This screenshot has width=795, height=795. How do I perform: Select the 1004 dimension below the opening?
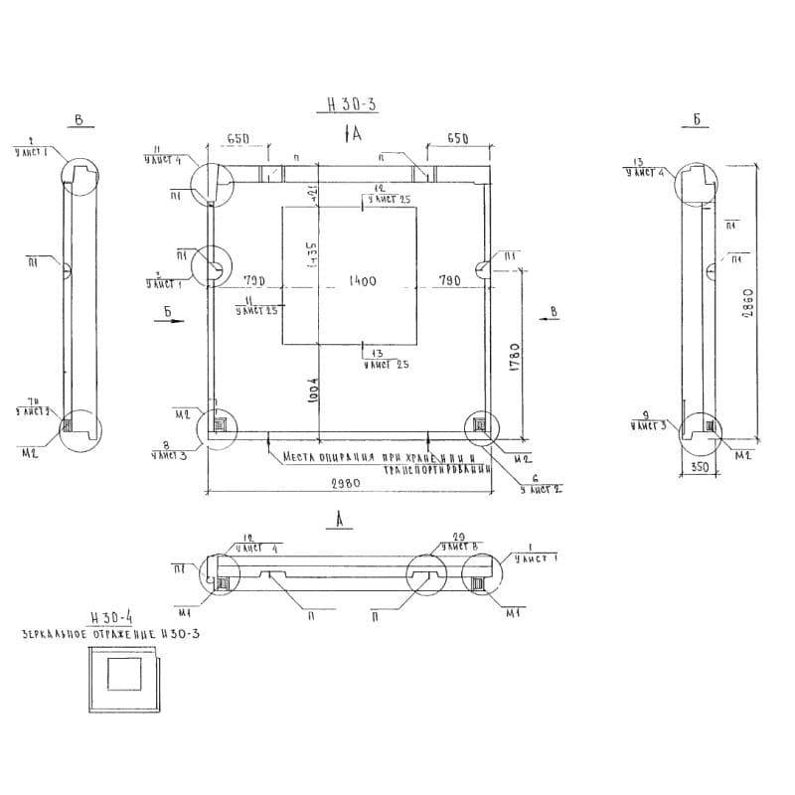(311, 389)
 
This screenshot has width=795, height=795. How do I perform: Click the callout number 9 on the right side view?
(645, 414)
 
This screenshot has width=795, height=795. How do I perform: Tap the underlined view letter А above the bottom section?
(341, 519)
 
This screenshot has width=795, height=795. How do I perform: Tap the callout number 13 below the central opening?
(376, 354)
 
